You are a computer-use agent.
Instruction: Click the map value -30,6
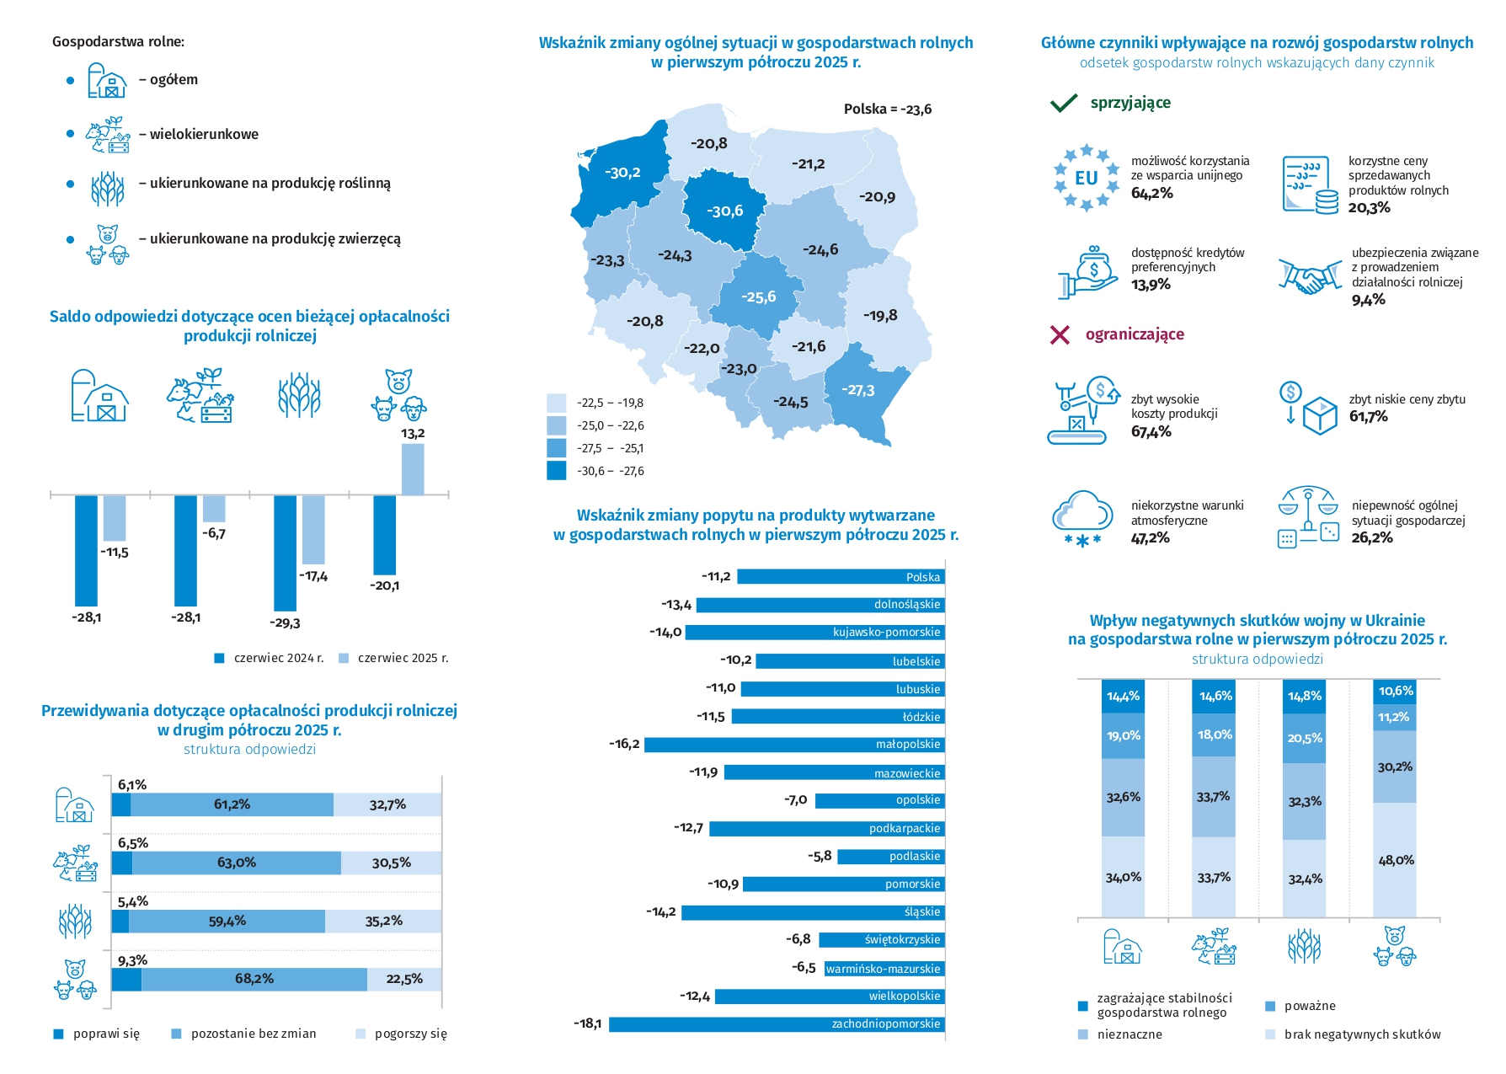pyautogui.click(x=724, y=211)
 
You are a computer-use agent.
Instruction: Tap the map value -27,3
pyautogui.click(x=857, y=391)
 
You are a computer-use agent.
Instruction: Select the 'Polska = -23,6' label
pyautogui.click(x=887, y=110)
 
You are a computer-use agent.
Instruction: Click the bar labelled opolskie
pyautogui.click(x=879, y=800)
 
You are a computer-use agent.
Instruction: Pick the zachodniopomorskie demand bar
pyautogui.click(x=776, y=1024)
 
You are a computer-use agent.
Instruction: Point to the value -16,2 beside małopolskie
pyautogui.click(x=624, y=745)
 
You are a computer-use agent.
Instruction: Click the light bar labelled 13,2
pyautogui.click(x=413, y=468)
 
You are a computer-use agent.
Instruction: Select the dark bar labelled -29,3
pyautogui.click(x=285, y=553)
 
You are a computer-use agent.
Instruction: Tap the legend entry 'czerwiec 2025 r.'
pyautogui.click(x=393, y=658)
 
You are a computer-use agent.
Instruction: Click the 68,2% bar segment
pyautogui.click(x=254, y=979)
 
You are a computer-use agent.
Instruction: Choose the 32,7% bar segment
pyautogui.click(x=387, y=804)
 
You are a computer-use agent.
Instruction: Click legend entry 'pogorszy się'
pyautogui.click(x=401, y=1034)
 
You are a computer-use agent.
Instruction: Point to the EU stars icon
pyautogui.click(x=1086, y=178)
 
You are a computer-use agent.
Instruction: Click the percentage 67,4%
pyautogui.click(x=1151, y=432)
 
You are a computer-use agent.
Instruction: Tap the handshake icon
pyautogui.click(x=1309, y=276)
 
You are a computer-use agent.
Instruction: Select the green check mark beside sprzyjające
pyautogui.click(x=1064, y=103)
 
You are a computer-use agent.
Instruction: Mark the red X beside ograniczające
pyautogui.click(x=1060, y=335)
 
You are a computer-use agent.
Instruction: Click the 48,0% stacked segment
pyautogui.click(x=1395, y=860)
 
